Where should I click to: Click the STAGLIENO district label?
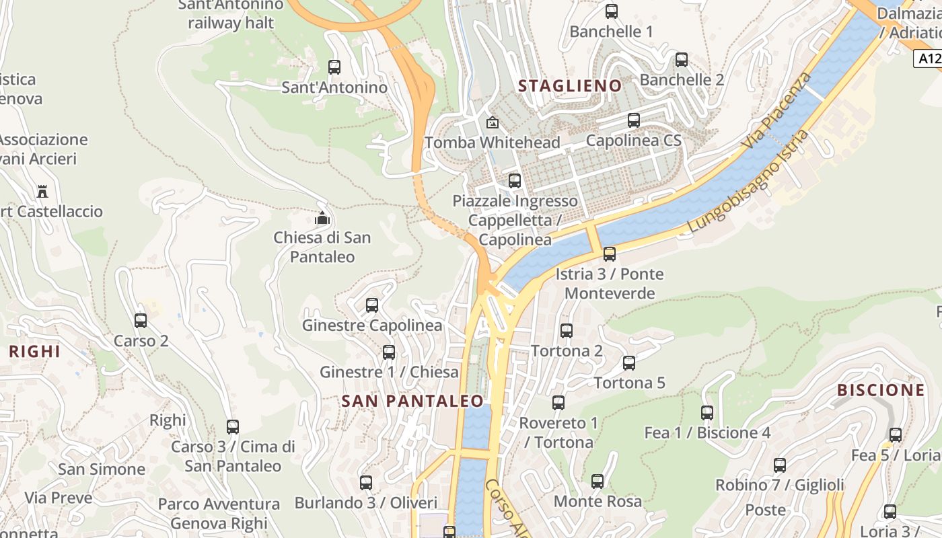(570, 86)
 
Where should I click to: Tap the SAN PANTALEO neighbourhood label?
(412, 401)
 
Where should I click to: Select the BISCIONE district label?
(881, 390)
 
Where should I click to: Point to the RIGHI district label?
(35, 352)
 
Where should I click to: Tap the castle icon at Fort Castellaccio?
(42, 192)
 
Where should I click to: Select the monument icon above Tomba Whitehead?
(493, 122)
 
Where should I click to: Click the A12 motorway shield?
(928, 59)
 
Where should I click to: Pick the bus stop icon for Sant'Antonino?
(334, 67)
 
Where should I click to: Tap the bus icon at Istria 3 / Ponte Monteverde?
(610, 254)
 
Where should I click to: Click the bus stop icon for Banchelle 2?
(682, 60)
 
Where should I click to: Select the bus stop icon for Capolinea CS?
(634, 120)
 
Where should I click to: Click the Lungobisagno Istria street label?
(748, 182)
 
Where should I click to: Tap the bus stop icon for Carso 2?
(141, 321)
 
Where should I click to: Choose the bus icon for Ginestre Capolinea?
(372, 305)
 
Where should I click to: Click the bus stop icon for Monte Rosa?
(597, 482)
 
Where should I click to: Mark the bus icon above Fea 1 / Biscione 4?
(707, 413)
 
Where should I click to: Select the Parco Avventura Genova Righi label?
(219, 513)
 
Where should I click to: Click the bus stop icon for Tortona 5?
(629, 363)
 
